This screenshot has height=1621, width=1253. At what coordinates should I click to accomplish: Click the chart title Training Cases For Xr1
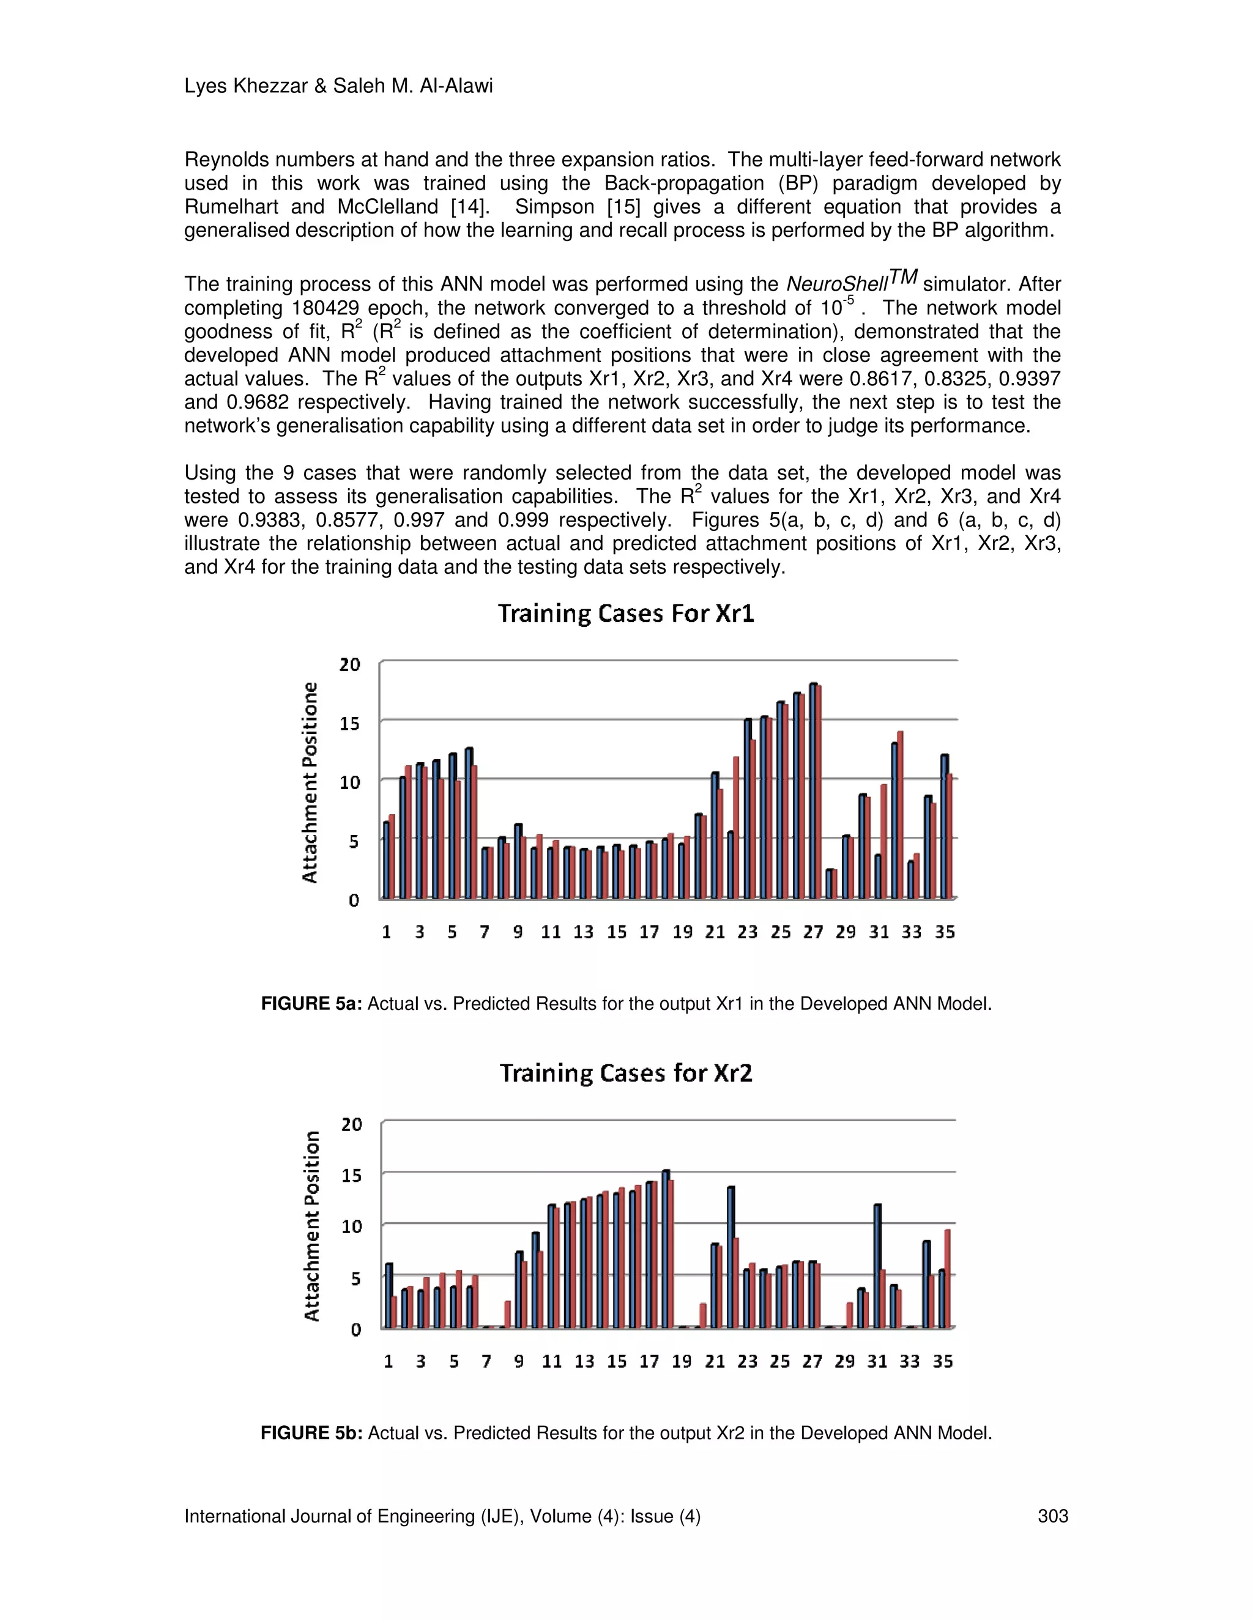click(626, 614)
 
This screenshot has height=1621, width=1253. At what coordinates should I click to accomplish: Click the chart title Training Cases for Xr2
click(626, 1074)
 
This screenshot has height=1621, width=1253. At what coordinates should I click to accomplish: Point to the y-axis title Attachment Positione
click(310, 782)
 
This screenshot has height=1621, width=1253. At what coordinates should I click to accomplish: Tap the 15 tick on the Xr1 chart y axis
click(349, 724)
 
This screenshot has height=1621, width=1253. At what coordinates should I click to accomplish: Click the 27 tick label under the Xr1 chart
click(813, 932)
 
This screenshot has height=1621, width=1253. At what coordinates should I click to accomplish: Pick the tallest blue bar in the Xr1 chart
click(813, 790)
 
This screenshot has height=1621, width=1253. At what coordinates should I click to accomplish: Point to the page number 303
click(1052, 1516)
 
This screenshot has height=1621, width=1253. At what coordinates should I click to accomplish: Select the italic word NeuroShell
click(836, 284)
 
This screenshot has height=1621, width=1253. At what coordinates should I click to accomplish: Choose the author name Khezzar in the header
click(270, 86)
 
